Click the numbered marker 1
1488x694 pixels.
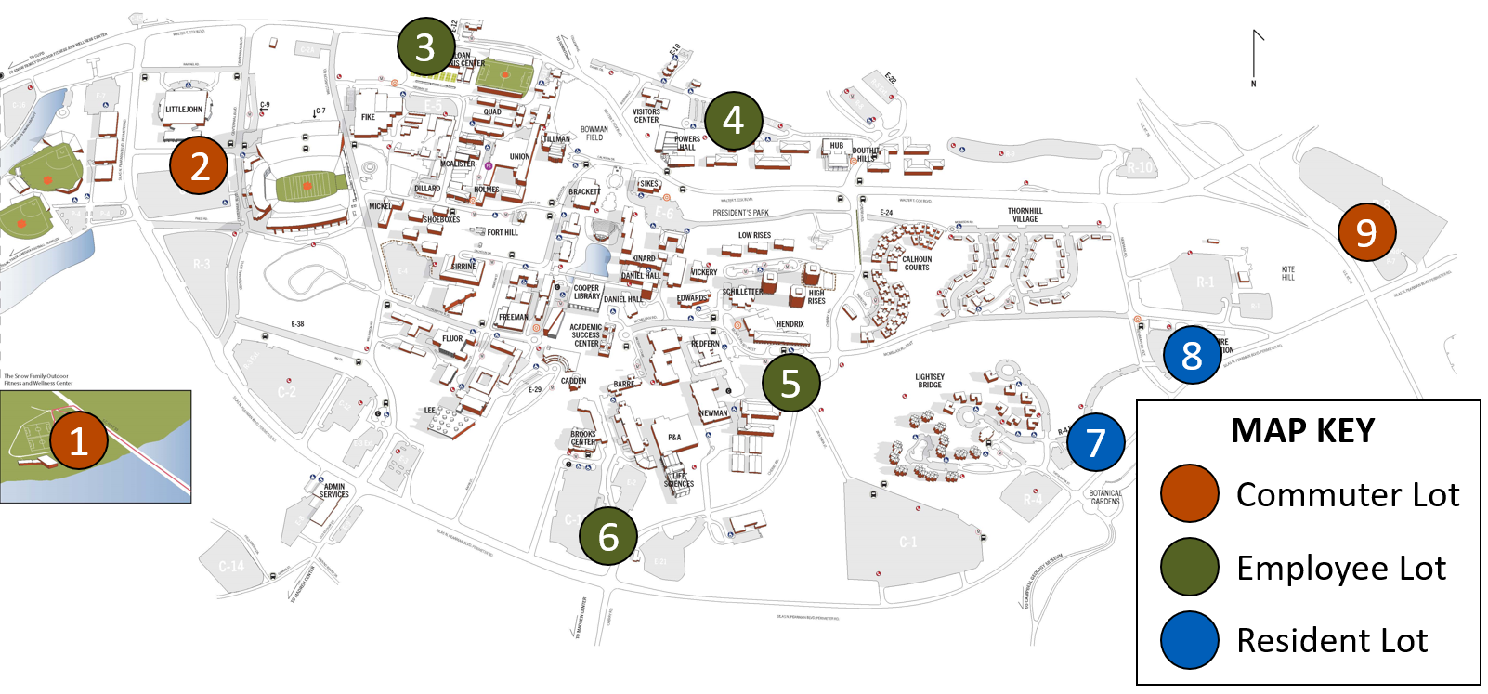click(x=79, y=440)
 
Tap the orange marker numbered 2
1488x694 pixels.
click(x=199, y=165)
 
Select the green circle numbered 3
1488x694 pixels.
click(x=425, y=46)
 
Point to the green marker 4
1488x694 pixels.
click(x=733, y=120)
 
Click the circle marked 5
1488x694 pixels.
click(x=790, y=382)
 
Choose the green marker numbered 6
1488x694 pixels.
click(x=608, y=535)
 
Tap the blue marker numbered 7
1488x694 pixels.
click(x=1095, y=442)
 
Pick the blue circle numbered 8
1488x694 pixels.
click(x=1192, y=354)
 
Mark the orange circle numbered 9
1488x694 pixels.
click(x=1366, y=232)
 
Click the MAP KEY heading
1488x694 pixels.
click(x=1302, y=431)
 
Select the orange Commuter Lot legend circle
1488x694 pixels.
click(x=1189, y=494)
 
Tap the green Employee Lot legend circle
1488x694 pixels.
click(x=1189, y=567)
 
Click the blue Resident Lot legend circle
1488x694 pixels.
click(x=1189, y=640)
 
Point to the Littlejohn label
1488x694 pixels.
click(x=184, y=110)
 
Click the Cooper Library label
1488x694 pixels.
click(x=586, y=292)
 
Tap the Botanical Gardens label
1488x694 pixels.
click(x=1105, y=497)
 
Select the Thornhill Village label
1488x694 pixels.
click(x=1025, y=215)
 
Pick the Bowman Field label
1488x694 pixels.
click(x=594, y=134)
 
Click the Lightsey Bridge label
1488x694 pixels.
click(x=930, y=381)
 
